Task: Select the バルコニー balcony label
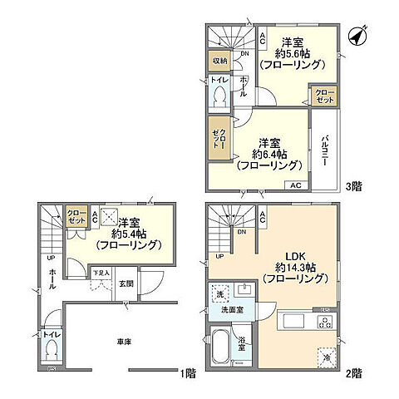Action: [x=325, y=150]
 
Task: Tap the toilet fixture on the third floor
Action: [x=219, y=98]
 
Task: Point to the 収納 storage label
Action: [x=219, y=60]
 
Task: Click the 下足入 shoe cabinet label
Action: [x=99, y=272]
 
